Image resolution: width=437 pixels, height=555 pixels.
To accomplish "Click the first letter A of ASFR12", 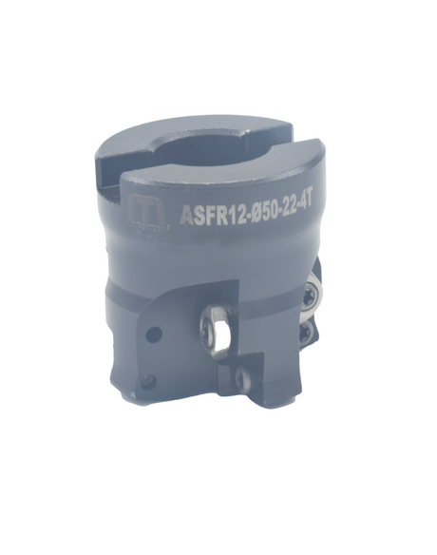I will (185, 217).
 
